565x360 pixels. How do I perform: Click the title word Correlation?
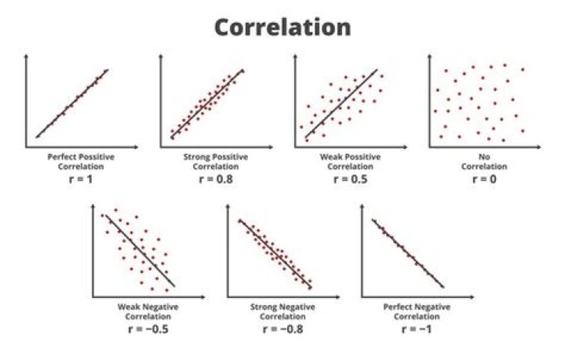click(282, 27)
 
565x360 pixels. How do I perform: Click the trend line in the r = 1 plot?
click(72, 103)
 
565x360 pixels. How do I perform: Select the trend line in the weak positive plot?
click(341, 105)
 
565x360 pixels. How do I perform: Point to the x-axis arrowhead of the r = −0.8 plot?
click(323, 296)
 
